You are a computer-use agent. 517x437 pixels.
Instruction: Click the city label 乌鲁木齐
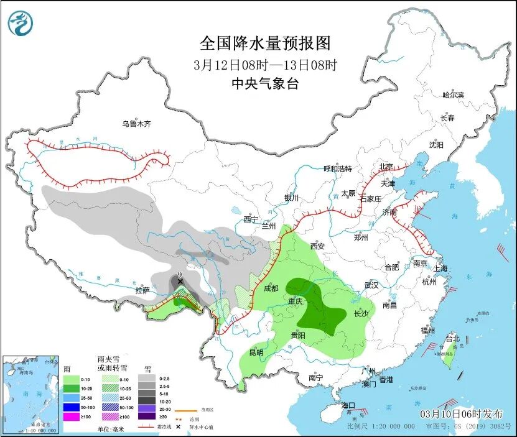pos(136,124)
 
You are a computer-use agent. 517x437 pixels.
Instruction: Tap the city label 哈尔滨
pos(453,94)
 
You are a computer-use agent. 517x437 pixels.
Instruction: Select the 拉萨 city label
pos(142,290)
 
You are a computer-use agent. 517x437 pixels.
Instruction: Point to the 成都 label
pos(271,288)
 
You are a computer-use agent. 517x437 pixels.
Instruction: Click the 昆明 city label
pos(256,352)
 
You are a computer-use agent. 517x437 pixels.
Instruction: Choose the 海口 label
pos(349,405)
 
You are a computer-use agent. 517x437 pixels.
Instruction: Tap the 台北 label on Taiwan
pos(452,338)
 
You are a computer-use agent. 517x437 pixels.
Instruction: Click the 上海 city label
pos(440,269)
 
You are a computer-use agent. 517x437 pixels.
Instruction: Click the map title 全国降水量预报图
pos(264,43)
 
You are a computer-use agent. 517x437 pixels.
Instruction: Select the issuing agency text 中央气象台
pos(264,84)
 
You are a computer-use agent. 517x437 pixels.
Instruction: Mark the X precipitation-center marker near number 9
pos(180,282)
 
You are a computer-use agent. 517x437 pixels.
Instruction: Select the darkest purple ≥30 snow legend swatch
pos(147,416)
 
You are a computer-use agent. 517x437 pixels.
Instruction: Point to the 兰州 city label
pos(269,226)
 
